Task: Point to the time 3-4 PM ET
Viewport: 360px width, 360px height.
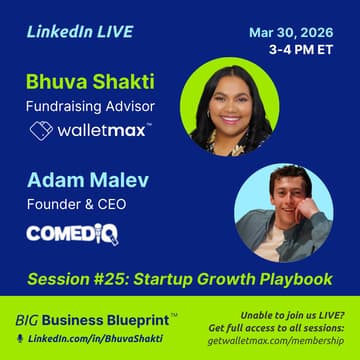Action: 304,47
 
